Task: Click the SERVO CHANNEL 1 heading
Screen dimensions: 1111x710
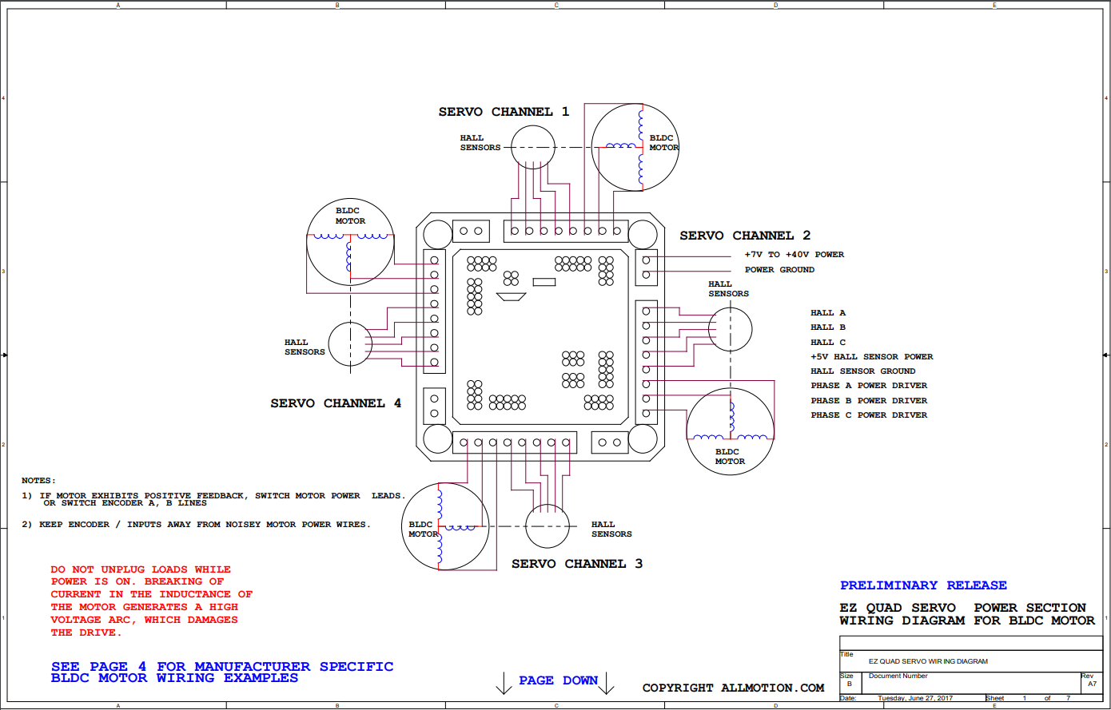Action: tap(504, 112)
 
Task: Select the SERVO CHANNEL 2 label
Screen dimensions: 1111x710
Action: tap(744, 236)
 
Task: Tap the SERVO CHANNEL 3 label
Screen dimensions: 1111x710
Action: tap(577, 564)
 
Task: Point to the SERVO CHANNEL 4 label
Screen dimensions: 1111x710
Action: tap(335, 403)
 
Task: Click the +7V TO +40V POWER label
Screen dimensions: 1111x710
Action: tap(794, 255)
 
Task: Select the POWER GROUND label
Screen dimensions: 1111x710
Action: tap(779, 269)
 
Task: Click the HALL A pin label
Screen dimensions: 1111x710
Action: tap(828, 312)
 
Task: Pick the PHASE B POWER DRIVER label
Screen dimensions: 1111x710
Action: tap(869, 400)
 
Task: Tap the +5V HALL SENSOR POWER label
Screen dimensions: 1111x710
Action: tap(871, 357)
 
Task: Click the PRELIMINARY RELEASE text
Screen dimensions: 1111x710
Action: tap(923, 585)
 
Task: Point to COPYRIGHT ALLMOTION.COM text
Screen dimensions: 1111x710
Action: tap(733, 688)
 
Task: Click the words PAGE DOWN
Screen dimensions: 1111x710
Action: tap(558, 680)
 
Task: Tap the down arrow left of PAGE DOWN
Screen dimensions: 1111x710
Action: tap(504, 683)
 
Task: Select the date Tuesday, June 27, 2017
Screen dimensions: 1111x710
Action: tap(915, 698)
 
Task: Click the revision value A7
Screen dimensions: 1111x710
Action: tap(1092, 684)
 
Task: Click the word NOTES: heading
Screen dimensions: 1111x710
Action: tap(38, 481)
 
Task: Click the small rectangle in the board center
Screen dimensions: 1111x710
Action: tap(544, 282)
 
